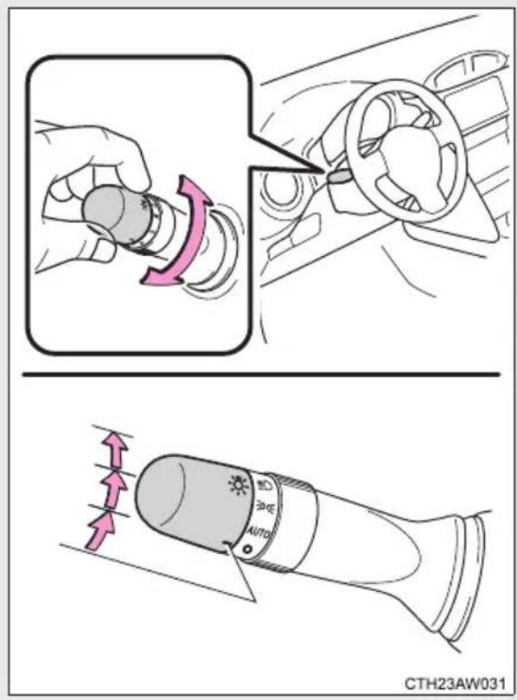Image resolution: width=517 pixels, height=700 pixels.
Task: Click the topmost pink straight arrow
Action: [114, 449]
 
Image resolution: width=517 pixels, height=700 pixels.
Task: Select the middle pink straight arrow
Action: [113, 489]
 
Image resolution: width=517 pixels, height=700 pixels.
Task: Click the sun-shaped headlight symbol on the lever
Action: [239, 485]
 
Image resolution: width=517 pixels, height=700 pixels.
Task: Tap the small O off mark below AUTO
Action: [247, 549]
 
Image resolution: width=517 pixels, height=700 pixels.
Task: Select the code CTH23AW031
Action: [455, 684]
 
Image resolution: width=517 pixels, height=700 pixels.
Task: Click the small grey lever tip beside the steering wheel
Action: [340, 177]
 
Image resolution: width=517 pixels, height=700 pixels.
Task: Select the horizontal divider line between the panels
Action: [261, 374]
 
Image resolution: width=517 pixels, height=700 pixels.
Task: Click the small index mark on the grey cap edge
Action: [228, 543]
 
